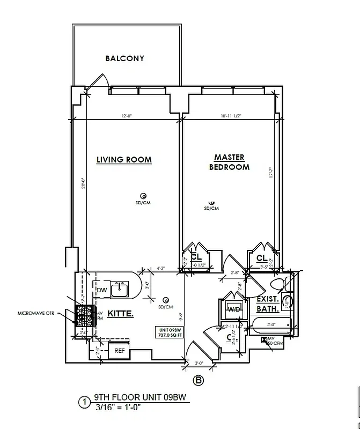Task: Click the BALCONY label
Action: click(x=124, y=58)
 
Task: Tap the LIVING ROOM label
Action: click(x=124, y=160)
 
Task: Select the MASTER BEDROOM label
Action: click(x=229, y=162)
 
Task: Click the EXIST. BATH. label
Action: click(x=267, y=304)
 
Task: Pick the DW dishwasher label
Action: click(x=101, y=290)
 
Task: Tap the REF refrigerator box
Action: click(x=119, y=351)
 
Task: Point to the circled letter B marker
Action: click(x=199, y=381)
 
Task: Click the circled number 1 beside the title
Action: click(x=84, y=402)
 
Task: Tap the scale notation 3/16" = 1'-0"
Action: click(x=117, y=408)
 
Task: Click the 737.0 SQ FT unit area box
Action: click(x=170, y=332)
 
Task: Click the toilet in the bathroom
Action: click(x=278, y=284)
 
